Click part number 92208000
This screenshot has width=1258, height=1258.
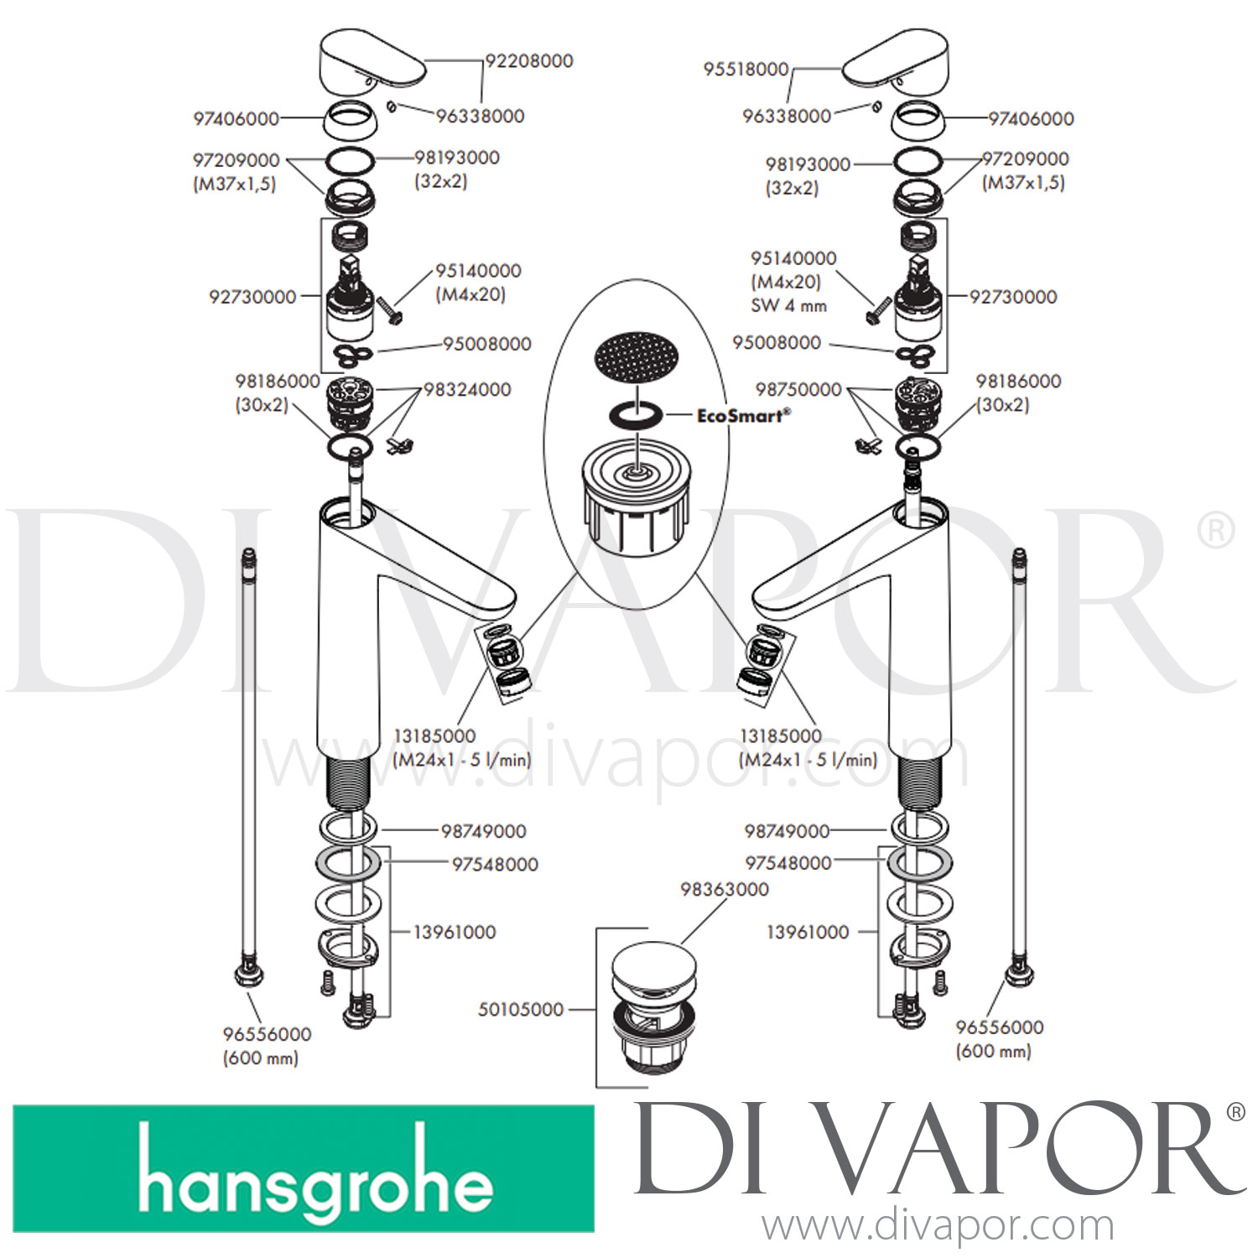(529, 61)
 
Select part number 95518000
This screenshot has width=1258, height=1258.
(746, 70)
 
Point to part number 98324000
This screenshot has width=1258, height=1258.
(467, 390)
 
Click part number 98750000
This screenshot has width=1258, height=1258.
(798, 390)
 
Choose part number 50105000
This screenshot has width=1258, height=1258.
(520, 1010)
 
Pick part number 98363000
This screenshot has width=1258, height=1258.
(725, 890)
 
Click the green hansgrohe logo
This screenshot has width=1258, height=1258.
(304, 1168)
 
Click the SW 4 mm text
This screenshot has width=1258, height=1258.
(788, 306)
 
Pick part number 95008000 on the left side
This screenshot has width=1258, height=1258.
(486, 344)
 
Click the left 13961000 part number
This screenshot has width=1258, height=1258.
(454, 933)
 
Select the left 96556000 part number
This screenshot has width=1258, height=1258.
(267, 1035)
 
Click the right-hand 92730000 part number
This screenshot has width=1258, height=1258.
(1013, 297)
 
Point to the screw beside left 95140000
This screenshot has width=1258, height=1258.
(391, 311)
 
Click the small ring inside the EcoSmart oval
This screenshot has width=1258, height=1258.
(637, 413)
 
